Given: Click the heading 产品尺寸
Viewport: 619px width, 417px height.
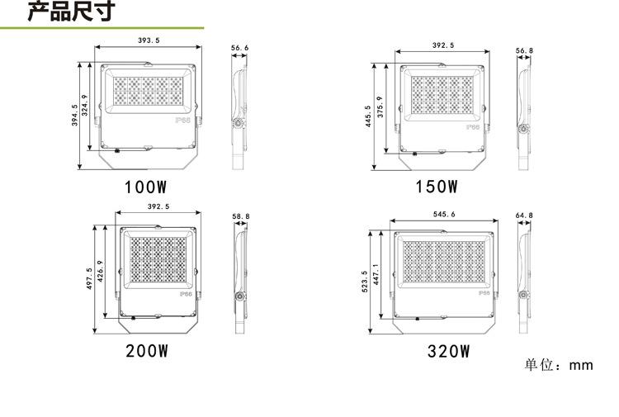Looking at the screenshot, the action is (x=72, y=11).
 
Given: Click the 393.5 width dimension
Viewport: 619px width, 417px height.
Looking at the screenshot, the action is (x=149, y=40).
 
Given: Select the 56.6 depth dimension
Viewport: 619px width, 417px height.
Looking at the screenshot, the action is (x=239, y=48).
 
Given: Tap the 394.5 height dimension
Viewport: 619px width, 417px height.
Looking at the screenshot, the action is (x=74, y=115).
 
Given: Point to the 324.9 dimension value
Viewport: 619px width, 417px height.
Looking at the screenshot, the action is (x=84, y=105).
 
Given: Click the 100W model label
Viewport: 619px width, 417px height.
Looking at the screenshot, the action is (x=145, y=187).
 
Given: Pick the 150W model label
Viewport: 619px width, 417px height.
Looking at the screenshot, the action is (x=437, y=187).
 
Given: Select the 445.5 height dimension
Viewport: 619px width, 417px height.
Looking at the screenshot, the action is (x=368, y=116).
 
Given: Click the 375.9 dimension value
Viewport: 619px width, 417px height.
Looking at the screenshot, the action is (x=380, y=107).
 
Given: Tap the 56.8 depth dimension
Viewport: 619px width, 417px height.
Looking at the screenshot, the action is (x=524, y=50).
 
